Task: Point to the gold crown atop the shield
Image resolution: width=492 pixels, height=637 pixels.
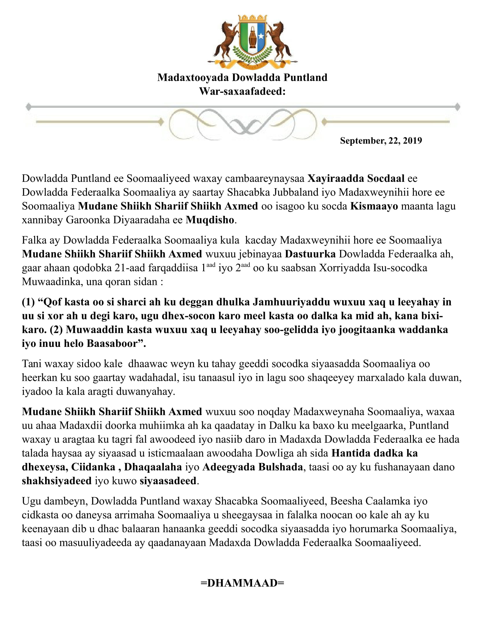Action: (x=253, y=18)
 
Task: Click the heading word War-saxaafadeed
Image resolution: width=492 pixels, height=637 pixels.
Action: (x=242, y=91)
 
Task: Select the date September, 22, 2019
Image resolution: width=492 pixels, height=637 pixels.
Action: (x=381, y=141)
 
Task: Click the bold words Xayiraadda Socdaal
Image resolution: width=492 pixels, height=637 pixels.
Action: (x=356, y=178)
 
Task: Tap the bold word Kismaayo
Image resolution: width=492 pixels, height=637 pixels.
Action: (x=374, y=206)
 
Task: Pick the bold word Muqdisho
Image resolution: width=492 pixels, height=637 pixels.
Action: (x=210, y=220)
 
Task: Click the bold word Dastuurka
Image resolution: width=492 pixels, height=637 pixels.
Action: (x=310, y=254)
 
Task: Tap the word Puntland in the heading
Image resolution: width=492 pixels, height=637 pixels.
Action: (x=305, y=78)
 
